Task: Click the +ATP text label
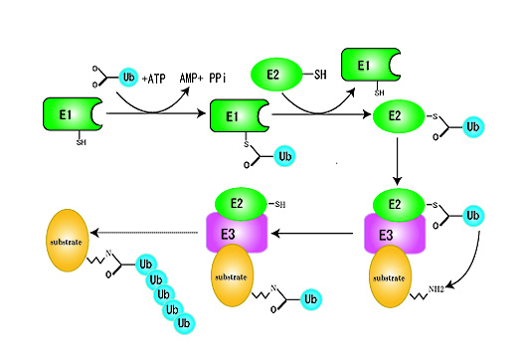[153, 79]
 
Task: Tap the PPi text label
[218, 79]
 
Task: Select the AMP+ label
[191, 79]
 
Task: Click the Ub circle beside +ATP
[128, 78]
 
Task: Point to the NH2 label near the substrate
[435, 289]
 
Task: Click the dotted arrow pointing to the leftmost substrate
[144, 233]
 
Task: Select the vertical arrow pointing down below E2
[397, 161]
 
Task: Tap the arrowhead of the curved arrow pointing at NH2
[450, 285]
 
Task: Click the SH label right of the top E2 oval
[320, 75]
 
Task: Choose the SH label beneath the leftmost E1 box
[82, 142]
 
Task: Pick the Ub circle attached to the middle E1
[284, 156]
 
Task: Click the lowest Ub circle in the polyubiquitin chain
[184, 323]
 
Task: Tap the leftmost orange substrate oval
[68, 241]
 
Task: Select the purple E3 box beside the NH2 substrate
[395, 235]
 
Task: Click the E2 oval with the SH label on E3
[241, 204]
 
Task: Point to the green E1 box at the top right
[371, 65]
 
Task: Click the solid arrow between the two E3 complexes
[312, 234]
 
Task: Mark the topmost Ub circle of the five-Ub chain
[146, 265]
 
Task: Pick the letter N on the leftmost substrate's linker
[108, 254]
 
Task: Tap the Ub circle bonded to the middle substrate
[311, 299]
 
